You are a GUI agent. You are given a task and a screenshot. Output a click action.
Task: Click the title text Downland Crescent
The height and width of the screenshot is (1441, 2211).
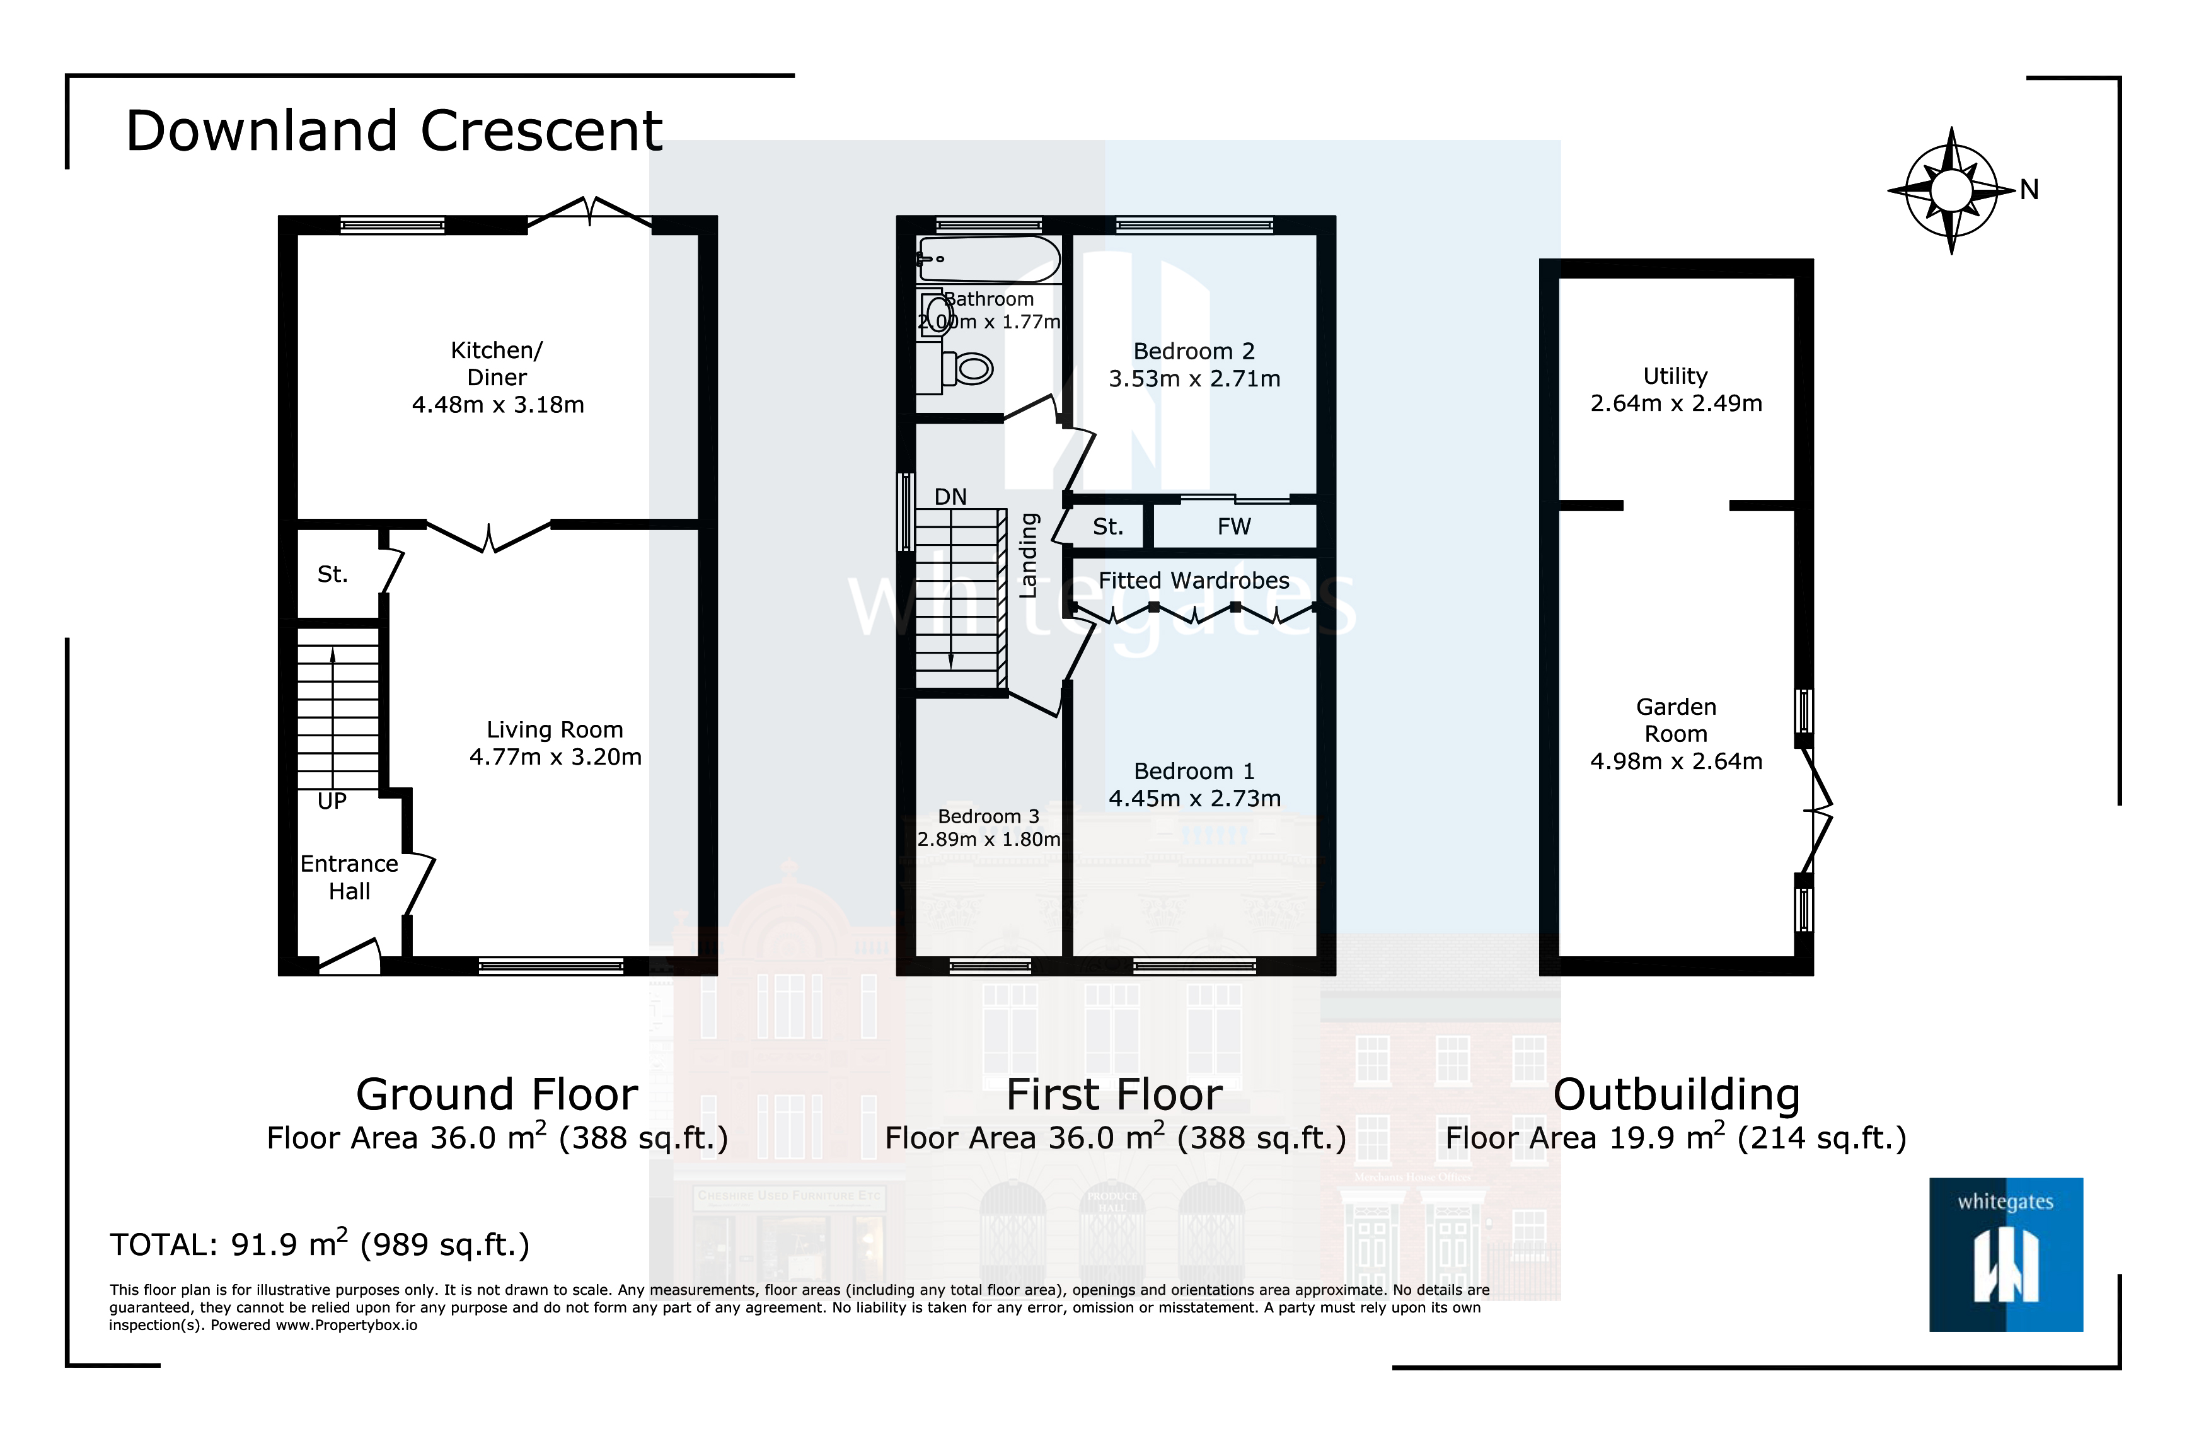(394, 131)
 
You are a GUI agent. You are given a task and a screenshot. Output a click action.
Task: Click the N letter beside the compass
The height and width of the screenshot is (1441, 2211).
(2029, 190)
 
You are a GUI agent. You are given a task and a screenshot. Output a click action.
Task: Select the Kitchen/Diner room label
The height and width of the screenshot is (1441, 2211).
(497, 363)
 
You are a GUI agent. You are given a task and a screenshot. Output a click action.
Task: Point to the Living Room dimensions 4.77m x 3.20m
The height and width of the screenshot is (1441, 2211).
(555, 757)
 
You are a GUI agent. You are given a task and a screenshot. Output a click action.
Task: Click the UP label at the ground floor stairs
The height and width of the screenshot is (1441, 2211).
(332, 801)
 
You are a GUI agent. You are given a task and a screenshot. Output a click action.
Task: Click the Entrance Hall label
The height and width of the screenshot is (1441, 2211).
(349, 877)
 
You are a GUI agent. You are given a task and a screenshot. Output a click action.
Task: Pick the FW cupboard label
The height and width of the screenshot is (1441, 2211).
(1233, 527)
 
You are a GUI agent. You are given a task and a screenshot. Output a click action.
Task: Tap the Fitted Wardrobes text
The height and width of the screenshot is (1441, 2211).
(1194, 581)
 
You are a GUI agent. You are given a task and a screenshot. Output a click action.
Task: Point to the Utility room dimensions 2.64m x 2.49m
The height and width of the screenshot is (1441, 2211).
(1676, 403)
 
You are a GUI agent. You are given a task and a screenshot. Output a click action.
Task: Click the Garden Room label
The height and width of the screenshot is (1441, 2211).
(1676, 720)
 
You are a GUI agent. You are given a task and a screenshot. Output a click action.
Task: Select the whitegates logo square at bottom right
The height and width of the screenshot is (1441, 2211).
(2006, 1254)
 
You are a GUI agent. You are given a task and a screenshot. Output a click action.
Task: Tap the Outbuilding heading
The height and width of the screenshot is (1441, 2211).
(1676, 1094)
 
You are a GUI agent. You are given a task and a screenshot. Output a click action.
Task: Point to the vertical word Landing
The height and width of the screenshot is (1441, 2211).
(1027, 555)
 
